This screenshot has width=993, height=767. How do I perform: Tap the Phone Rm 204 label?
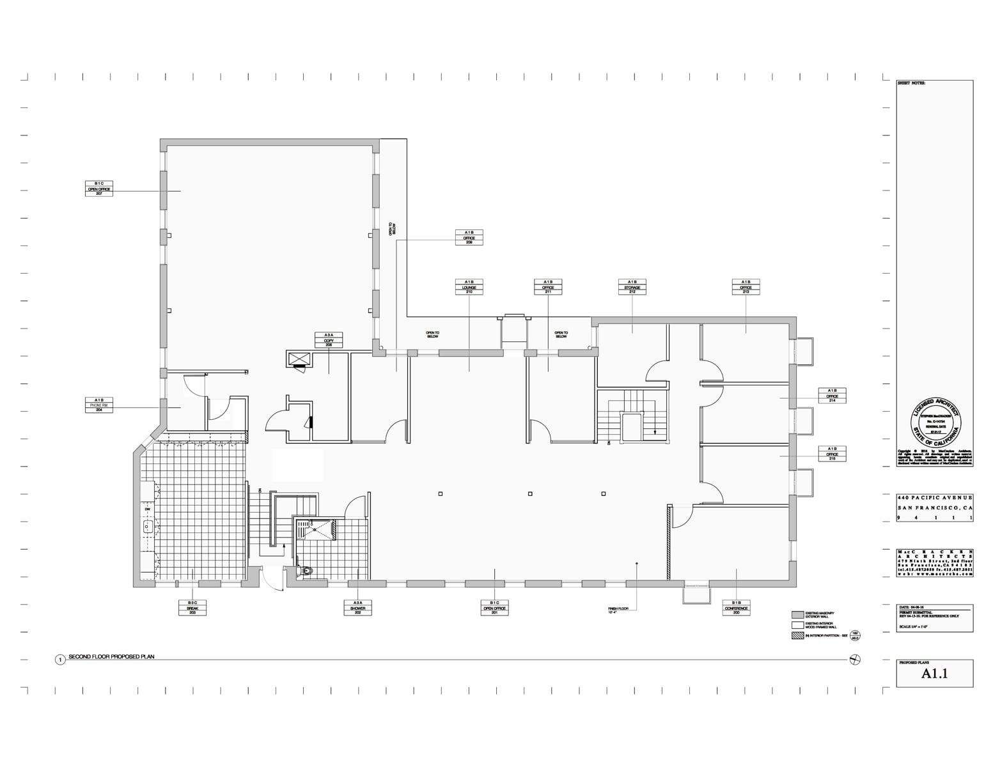[x=99, y=405]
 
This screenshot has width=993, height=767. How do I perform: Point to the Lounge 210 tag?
[x=469, y=287]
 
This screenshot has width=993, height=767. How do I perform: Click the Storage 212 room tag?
[x=632, y=287]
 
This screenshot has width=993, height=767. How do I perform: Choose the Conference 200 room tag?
[x=736, y=607]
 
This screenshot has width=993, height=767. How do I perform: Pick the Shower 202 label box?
[x=357, y=607]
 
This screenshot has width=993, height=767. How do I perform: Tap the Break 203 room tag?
[x=192, y=607]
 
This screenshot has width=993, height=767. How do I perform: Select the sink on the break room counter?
[x=148, y=527]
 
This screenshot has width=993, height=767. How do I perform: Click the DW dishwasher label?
[x=148, y=509]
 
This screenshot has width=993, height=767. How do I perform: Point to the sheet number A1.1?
[x=934, y=674]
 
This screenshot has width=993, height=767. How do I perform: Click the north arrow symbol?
[x=855, y=660]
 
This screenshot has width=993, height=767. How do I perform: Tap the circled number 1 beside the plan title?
[x=60, y=660]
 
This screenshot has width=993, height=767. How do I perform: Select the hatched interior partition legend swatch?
[x=797, y=636]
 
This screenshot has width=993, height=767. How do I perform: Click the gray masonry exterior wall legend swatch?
[x=797, y=615]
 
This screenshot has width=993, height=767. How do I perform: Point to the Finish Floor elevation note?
[x=619, y=610]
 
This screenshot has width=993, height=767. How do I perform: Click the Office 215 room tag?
[x=833, y=454]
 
